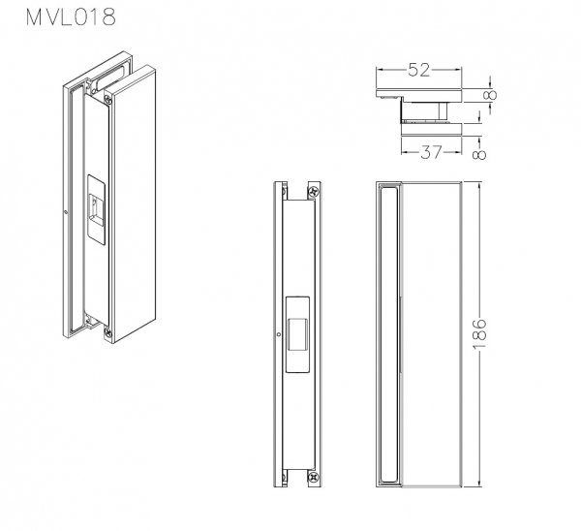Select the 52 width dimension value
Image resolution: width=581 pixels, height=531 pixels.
[418, 70]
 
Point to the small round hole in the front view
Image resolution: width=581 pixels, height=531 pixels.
[279, 336]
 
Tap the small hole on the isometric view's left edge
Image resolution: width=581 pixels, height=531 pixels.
[64, 212]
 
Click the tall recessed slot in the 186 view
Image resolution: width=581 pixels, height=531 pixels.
[389, 335]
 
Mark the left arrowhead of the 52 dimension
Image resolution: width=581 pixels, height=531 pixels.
[379, 70]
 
